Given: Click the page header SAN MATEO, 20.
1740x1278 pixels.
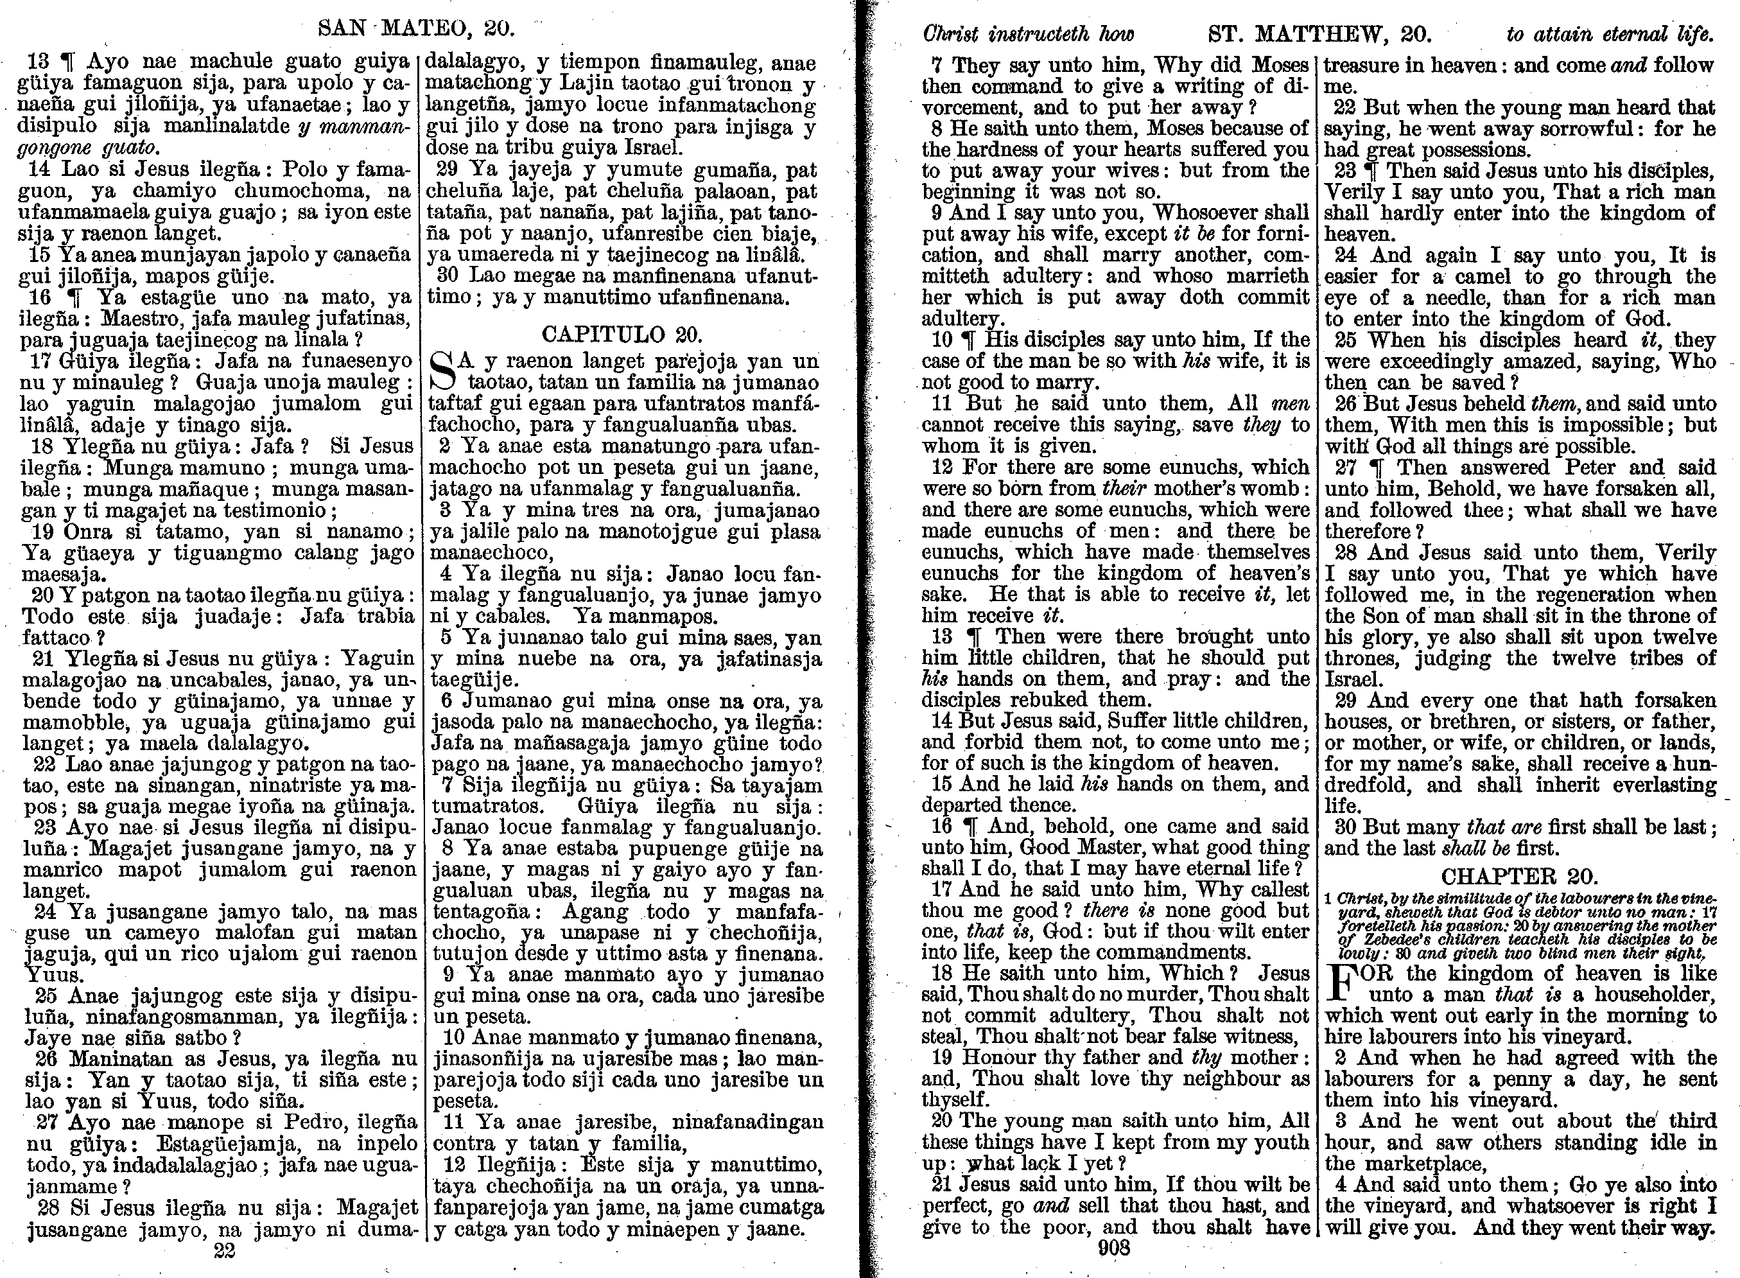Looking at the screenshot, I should (416, 30).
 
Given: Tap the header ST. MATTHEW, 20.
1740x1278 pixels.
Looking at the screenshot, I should (1319, 34).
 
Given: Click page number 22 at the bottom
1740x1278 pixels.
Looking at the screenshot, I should (224, 1251).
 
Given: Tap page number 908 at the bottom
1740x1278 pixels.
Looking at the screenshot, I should (1113, 1247).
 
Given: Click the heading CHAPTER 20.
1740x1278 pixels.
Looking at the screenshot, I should (1519, 877).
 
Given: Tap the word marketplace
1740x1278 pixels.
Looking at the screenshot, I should (1432, 1164).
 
